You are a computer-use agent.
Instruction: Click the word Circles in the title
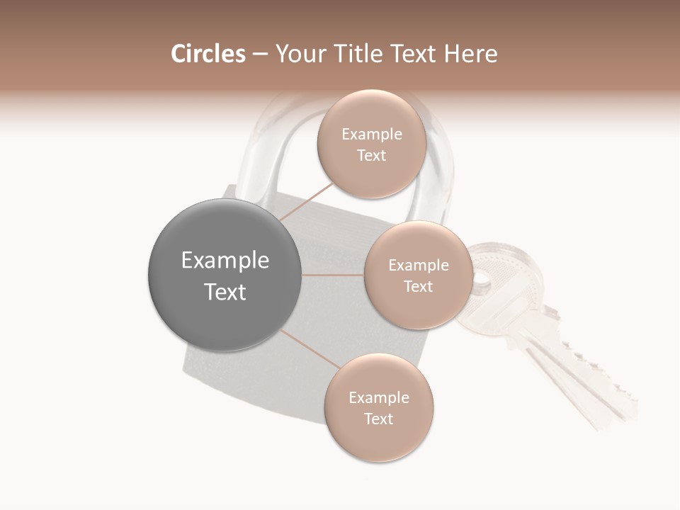point(208,54)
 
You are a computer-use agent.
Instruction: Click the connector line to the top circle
point(305,202)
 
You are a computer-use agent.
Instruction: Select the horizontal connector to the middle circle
point(333,275)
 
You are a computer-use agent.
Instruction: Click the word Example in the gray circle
point(225,261)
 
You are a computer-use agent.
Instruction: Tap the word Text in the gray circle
point(225,292)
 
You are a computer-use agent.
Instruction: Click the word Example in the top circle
point(371,135)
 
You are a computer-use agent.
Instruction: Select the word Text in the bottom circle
point(378,419)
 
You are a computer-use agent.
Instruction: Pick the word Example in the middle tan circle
point(418,266)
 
